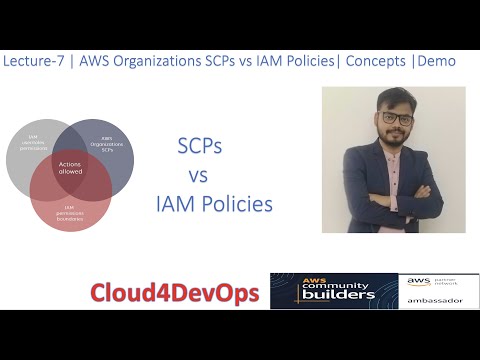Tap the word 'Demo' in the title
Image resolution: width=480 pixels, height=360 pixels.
coord(437,61)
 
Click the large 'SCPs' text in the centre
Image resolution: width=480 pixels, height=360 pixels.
coord(199,146)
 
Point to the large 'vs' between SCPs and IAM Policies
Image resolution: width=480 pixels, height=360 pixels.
coord(198,176)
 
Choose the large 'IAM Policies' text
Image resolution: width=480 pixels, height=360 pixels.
coord(214,206)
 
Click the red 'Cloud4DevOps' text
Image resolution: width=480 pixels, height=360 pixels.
coord(176,293)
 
